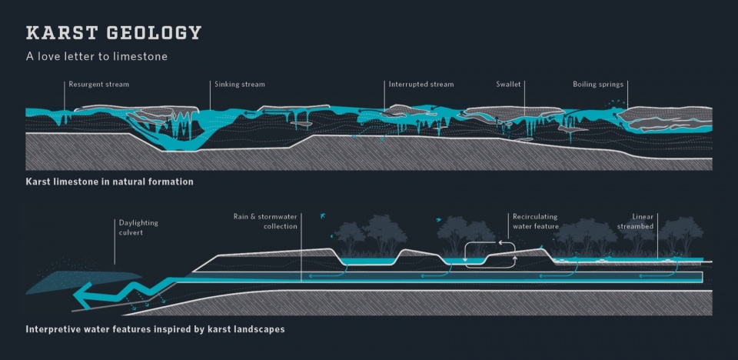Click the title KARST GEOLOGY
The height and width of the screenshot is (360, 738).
[x=114, y=33]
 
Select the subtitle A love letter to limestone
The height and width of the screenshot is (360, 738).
[x=97, y=57]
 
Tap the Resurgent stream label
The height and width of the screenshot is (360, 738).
[x=99, y=85]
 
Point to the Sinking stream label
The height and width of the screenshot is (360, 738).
[x=240, y=85]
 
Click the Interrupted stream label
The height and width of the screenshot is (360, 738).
[x=421, y=85]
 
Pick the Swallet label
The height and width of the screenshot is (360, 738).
[x=508, y=85]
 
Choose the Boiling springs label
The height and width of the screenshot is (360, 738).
[x=598, y=85]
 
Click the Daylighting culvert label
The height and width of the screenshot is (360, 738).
[x=138, y=227]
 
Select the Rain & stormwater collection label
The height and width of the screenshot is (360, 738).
[x=265, y=222]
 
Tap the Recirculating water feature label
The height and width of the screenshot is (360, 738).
[x=536, y=222]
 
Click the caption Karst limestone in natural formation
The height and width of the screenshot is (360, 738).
[x=109, y=182]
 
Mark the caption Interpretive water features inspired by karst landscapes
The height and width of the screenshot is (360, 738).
[x=155, y=329]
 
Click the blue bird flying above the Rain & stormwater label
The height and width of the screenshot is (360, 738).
[x=322, y=216]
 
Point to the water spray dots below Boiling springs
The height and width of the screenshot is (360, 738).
[x=617, y=103]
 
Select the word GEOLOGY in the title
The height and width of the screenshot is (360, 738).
[x=155, y=33]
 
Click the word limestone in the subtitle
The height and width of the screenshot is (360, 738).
[x=145, y=57]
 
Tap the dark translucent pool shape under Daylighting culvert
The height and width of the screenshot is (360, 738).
[x=83, y=282]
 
